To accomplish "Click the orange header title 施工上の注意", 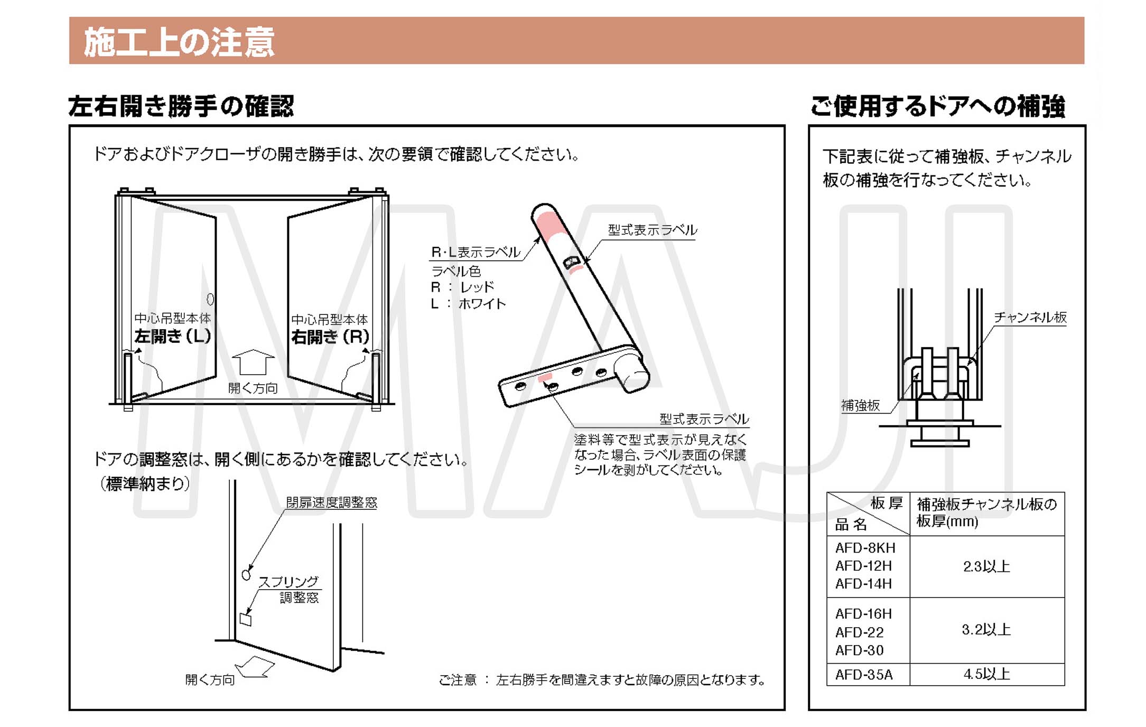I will pyautogui.click(x=179, y=42).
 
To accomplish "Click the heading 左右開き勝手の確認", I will pyautogui.click(x=181, y=106).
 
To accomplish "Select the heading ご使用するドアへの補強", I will pyautogui.click(x=938, y=106).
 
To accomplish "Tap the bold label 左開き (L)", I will pyautogui.click(x=172, y=336).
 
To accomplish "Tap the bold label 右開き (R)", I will pyautogui.click(x=330, y=337).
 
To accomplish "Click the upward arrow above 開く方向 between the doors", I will pyautogui.click(x=253, y=362).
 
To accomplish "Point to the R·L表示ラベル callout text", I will pyautogui.click(x=476, y=252).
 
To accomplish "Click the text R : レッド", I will pyautogui.click(x=462, y=287).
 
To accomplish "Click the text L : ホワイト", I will pyautogui.click(x=468, y=304).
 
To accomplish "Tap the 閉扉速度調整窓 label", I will pyautogui.click(x=331, y=502).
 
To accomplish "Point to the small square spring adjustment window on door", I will pyautogui.click(x=246, y=619).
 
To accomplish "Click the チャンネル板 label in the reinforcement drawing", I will pyautogui.click(x=1030, y=317).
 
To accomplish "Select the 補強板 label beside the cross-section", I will pyautogui.click(x=860, y=405).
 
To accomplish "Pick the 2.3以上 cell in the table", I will pyautogui.click(x=986, y=566).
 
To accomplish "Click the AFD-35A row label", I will pyautogui.click(x=864, y=675).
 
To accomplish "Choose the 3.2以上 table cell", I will pyautogui.click(x=986, y=630).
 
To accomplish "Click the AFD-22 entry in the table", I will pyautogui.click(x=859, y=632).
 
